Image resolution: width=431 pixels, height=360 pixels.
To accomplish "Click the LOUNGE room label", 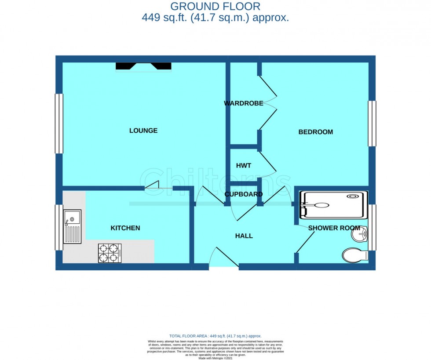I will (x=143, y=131).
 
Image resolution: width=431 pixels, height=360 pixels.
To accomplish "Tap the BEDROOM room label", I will (x=315, y=132).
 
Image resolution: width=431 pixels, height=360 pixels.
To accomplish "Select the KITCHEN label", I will (x=125, y=228).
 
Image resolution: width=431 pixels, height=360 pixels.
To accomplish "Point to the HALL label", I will (x=244, y=236).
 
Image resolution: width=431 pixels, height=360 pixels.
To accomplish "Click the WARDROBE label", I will (x=244, y=103).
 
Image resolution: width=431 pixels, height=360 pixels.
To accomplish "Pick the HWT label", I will (x=244, y=166).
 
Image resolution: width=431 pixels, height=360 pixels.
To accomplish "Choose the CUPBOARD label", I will (x=244, y=194).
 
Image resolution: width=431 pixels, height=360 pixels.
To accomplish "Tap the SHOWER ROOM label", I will (x=334, y=228).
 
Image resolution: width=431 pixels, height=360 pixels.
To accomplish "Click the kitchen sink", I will (x=72, y=226).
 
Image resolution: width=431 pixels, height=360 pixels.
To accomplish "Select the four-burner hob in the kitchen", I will (x=110, y=253).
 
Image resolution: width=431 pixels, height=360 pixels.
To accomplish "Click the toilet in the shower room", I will (x=355, y=255).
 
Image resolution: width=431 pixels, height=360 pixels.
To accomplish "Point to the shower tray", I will (x=333, y=205).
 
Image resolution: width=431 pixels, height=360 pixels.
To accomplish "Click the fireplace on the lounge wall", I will (x=143, y=66).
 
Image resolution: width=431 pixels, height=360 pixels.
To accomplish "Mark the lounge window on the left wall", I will (x=59, y=124).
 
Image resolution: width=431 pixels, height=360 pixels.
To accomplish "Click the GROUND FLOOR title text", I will (x=215, y=6).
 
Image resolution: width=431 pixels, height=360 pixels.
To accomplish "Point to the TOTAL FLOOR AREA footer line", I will (x=215, y=336).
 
